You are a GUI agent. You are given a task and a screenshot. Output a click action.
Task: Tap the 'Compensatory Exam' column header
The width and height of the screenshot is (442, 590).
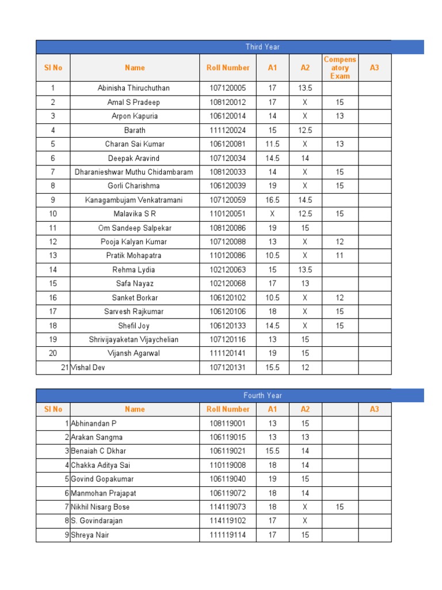340,68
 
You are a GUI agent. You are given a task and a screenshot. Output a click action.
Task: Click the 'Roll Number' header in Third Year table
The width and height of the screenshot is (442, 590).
228,68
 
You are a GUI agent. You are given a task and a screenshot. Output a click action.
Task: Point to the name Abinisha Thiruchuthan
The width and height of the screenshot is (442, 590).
134,88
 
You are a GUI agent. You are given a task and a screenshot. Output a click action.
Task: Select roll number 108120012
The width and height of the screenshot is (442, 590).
228,103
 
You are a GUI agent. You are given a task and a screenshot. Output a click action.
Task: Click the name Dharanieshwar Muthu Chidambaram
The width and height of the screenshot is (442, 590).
134,172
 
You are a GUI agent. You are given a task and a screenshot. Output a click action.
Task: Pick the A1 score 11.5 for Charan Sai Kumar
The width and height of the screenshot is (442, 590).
272,144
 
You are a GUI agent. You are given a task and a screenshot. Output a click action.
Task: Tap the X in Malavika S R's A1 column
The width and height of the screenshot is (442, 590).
272,214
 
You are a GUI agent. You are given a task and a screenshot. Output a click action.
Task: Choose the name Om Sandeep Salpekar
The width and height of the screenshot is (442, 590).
134,228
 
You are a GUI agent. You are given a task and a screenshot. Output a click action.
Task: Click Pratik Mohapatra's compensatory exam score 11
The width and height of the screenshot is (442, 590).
340,256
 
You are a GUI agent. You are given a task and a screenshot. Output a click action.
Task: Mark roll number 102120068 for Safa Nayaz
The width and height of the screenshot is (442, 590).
228,283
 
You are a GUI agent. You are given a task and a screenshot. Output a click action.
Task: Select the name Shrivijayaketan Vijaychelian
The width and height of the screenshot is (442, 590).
134,339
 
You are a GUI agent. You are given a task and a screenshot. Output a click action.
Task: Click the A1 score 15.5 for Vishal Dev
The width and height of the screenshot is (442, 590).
272,368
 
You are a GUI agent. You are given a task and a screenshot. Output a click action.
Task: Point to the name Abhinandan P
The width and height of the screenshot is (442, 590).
93,423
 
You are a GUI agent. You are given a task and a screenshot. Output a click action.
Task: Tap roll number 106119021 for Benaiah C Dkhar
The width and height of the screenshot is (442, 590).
228,451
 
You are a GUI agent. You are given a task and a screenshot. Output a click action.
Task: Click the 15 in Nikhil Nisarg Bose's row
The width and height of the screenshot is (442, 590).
340,507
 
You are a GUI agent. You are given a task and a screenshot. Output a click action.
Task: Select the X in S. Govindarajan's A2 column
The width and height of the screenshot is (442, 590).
305,521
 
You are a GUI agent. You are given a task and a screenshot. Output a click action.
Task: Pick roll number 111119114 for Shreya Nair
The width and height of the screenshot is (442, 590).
228,535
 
